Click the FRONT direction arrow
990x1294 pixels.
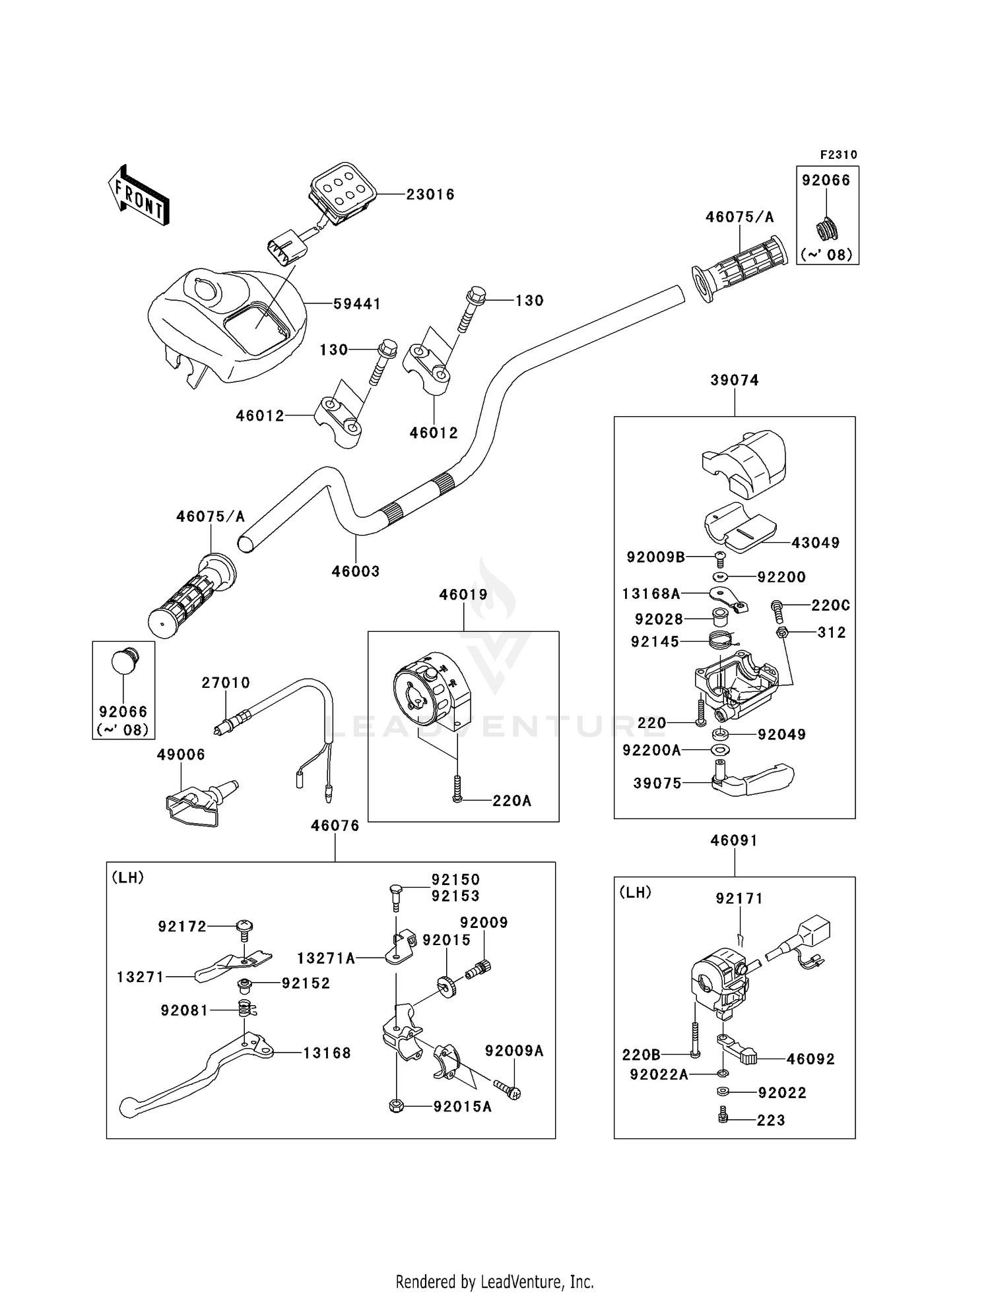coord(139,196)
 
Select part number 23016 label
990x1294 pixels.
coord(430,195)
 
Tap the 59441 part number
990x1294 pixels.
coord(356,304)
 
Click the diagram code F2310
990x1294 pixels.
coord(838,155)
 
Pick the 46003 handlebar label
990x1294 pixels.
coord(356,571)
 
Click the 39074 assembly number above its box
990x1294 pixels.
coord(735,381)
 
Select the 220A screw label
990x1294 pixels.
coord(511,801)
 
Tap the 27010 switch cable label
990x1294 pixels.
coord(226,683)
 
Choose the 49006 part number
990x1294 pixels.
coord(181,755)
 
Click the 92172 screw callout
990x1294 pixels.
coord(182,927)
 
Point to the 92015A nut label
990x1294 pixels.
coord(463,1107)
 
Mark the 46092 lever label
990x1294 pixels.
coord(810,1059)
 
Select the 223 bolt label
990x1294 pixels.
coord(771,1121)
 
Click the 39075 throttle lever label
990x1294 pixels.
coord(657,784)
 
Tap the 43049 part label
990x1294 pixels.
coord(815,543)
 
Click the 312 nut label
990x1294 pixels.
coord(832,632)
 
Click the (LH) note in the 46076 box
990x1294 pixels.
coord(128,878)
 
